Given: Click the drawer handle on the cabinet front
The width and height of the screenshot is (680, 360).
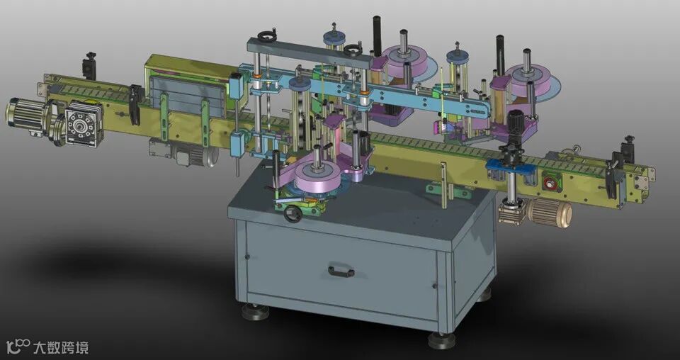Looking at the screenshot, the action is pos(341,271).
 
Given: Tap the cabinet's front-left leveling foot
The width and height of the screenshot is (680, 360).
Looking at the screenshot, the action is pos(255,312).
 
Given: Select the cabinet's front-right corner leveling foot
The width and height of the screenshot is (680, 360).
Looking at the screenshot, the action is pos(441,339).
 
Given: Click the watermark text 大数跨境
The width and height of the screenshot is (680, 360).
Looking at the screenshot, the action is pos(61,347).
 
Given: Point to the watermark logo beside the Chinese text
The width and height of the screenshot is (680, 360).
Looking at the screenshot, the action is pos(18,347).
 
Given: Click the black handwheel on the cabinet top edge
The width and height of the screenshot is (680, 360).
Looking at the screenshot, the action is pos(293,213).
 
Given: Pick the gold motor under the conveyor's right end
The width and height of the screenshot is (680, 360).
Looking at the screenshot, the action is pos(548,213).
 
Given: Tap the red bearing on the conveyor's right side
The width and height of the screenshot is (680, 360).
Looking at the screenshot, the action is pos(552,181).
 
